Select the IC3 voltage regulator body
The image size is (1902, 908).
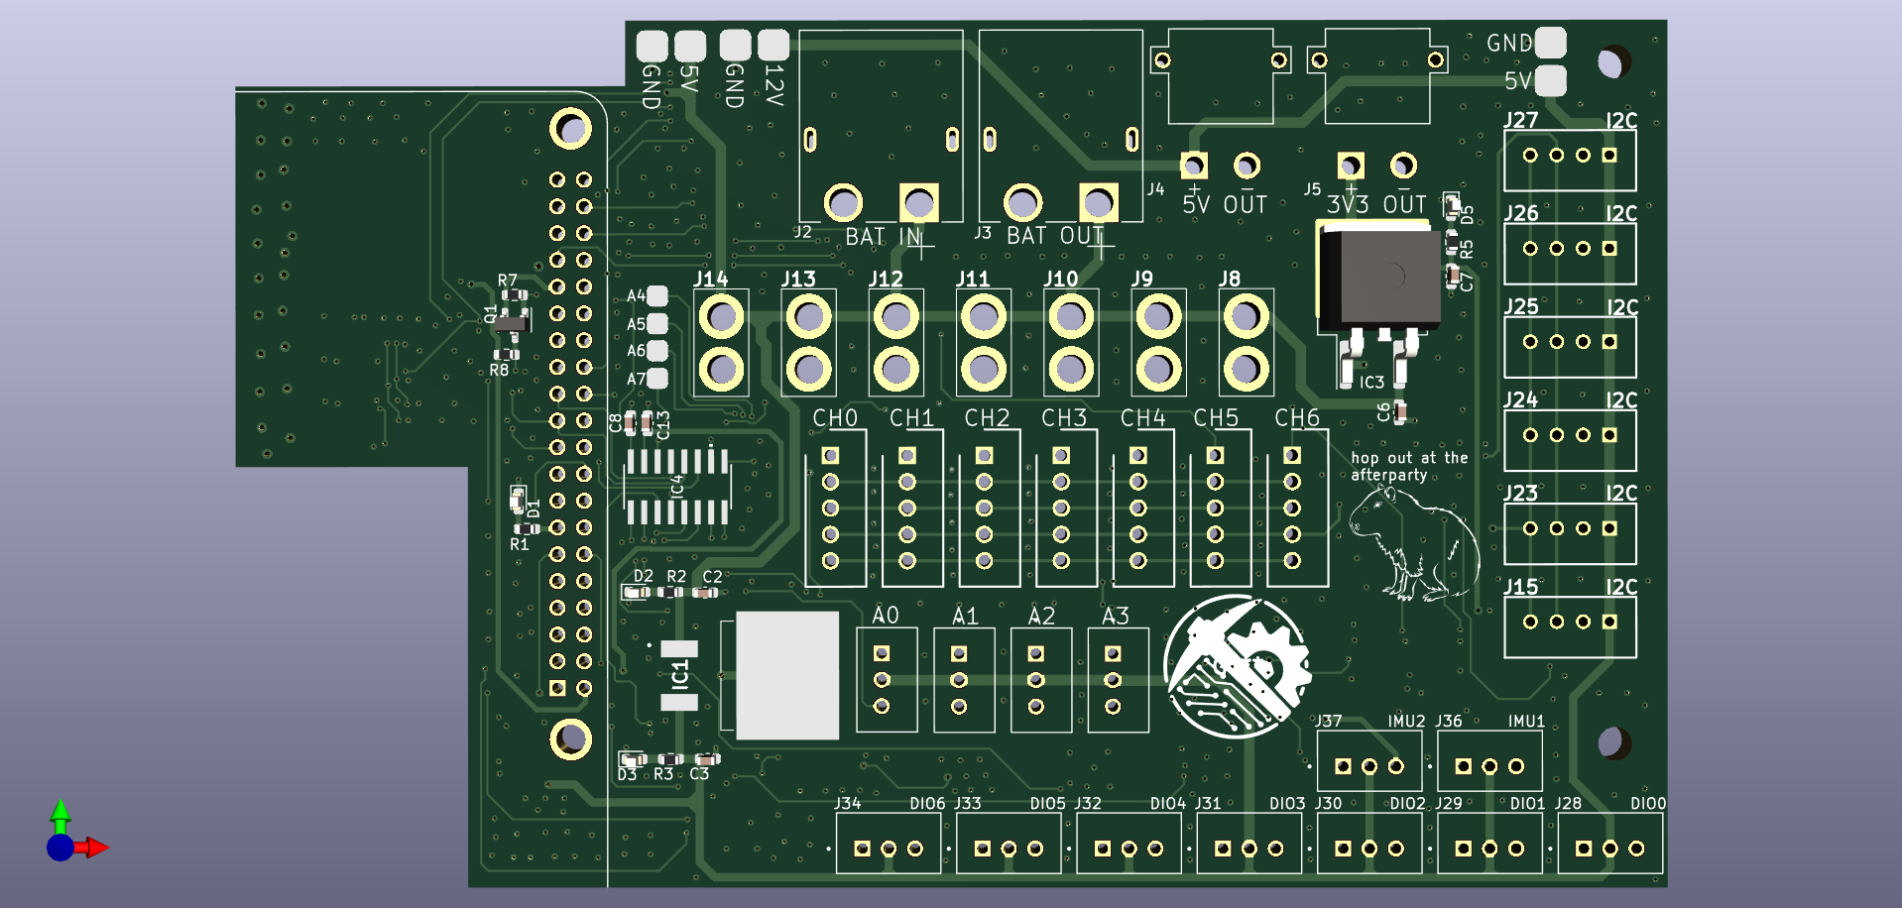coord(1381,277)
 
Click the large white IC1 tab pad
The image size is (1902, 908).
coord(787,675)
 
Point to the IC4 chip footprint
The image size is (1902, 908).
coord(677,486)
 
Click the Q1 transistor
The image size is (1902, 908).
coord(511,323)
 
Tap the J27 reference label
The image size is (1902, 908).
coord(1521,121)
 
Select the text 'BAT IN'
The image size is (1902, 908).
coord(883,237)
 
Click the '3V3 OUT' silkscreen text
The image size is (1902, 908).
coord(1376,205)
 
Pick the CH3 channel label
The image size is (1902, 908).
coord(1063,418)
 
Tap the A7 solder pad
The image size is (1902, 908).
coord(656,378)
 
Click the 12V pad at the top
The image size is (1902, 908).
coord(773,45)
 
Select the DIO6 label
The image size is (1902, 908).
coord(927,804)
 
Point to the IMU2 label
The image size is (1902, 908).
coord(1406,722)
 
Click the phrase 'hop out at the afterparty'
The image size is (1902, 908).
coord(1408,466)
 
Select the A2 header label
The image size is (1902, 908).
coord(1041,617)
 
